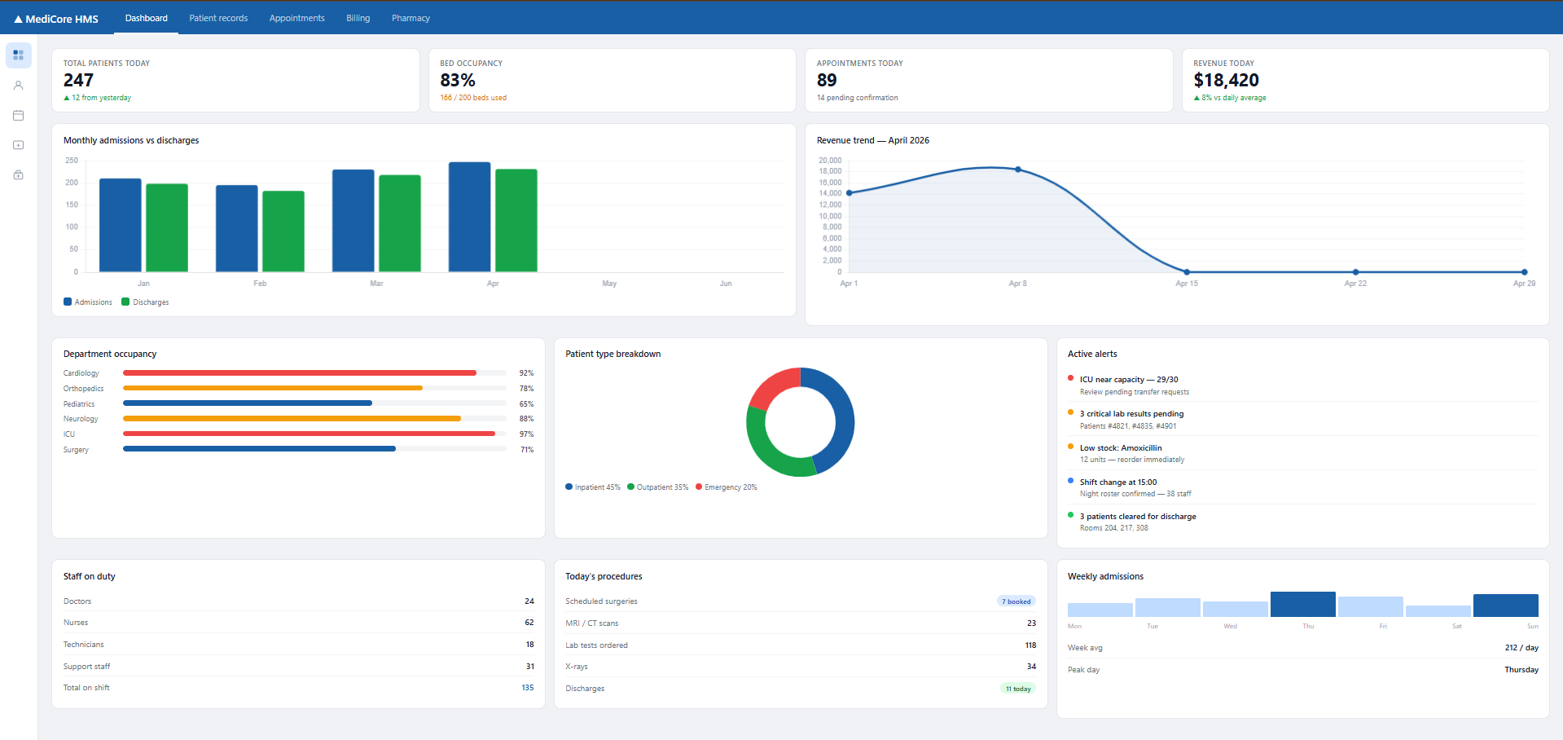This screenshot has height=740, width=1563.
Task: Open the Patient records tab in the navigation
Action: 218,18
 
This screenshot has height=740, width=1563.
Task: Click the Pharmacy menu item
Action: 411,18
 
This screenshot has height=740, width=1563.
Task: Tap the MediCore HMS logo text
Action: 62,19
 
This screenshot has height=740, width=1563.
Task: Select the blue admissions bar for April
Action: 470,217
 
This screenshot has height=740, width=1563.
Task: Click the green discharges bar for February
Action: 283,231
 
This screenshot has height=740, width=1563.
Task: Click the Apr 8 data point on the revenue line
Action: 1018,170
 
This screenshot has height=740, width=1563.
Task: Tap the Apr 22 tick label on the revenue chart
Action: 1355,284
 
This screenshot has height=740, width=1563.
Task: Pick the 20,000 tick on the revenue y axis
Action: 830,161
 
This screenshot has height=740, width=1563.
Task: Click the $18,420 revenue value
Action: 1226,80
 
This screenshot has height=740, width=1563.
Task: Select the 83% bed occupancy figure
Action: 458,80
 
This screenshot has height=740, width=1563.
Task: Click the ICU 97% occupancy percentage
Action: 527,434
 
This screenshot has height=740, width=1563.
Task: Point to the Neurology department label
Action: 81,419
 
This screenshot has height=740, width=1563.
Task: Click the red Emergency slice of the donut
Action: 773,388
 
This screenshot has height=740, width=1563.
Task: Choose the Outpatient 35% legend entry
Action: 658,487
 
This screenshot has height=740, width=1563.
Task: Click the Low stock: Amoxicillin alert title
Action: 1121,448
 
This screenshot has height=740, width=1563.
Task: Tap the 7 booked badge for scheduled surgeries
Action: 1016,601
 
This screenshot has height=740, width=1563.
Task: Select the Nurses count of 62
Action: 529,623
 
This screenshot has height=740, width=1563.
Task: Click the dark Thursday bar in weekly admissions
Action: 1302,604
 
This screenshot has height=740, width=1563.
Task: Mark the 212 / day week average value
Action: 1521,648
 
